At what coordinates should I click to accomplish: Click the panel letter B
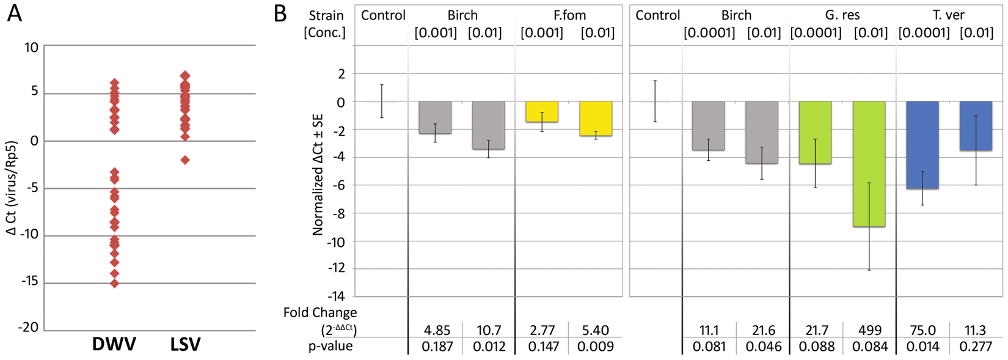tap(280, 13)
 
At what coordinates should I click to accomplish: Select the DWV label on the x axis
tap(114, 344)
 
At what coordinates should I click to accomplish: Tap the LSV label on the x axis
tap(185, 344)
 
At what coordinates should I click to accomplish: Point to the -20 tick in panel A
tap(28, 328)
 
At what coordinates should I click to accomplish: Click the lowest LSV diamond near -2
tap(185, 160)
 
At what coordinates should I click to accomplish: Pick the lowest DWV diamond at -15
tap(114, 283)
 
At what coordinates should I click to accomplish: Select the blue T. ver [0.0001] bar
tap(922, 145)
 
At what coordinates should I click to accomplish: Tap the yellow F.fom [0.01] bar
tap(596, 119)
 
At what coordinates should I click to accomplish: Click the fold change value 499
tap(869, 331)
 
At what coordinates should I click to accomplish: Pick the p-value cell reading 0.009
tap(596, 347)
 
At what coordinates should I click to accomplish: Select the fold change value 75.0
tap(922, 331)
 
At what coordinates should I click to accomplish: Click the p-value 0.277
tap(975, 347)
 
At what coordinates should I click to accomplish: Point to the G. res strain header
tap(842, 15)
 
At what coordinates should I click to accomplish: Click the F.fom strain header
tap(569, 15)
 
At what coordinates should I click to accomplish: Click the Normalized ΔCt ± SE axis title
tap(318, 174)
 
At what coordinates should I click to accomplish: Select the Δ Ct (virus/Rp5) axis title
tap(11, 188)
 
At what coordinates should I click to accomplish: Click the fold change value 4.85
tap(437, 331)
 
